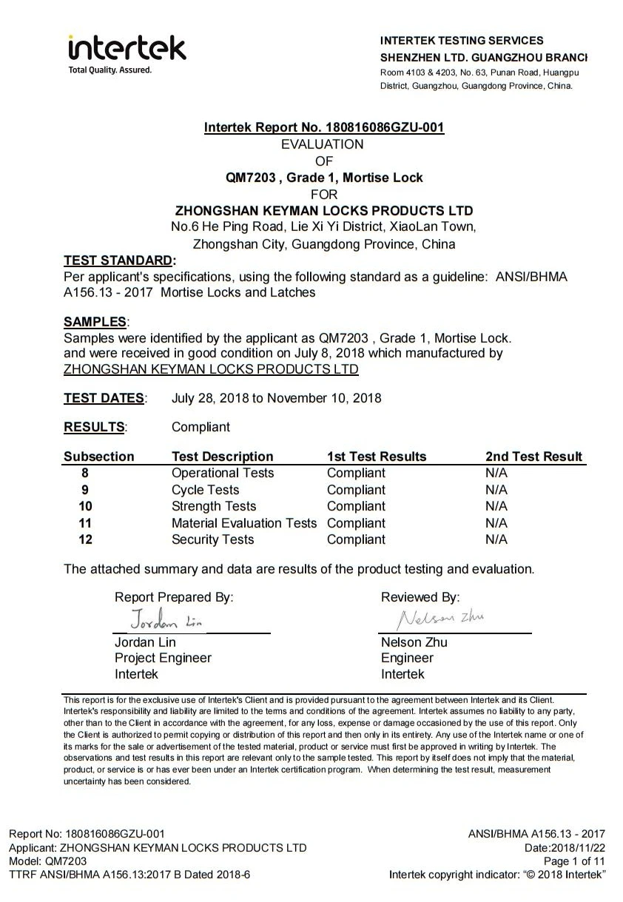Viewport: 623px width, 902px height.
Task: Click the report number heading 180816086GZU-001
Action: tap(324, 127)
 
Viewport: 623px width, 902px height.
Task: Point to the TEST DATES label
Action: tap(104, 398)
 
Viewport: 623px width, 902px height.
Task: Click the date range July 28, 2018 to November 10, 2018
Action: tap(276, 398)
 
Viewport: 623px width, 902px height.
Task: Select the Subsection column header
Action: tap(99, 457)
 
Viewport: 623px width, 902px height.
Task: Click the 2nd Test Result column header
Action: tap(533, 457)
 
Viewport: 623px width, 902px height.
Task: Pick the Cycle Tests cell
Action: tap(206, 490)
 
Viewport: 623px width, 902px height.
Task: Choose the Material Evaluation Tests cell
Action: tap(244, 523)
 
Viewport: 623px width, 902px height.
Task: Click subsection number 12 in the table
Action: tap(85, 539)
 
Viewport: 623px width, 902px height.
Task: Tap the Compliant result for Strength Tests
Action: tap(356, 506)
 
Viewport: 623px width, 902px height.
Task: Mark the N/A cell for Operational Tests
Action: tap(496, 473)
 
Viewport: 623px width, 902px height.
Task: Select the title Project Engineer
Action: tap(163, 658)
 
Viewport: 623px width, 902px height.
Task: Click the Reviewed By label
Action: tap(420, 597)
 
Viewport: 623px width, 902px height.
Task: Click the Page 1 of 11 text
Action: tap(574, 861)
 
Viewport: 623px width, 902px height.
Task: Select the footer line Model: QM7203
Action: tap(47, 861)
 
